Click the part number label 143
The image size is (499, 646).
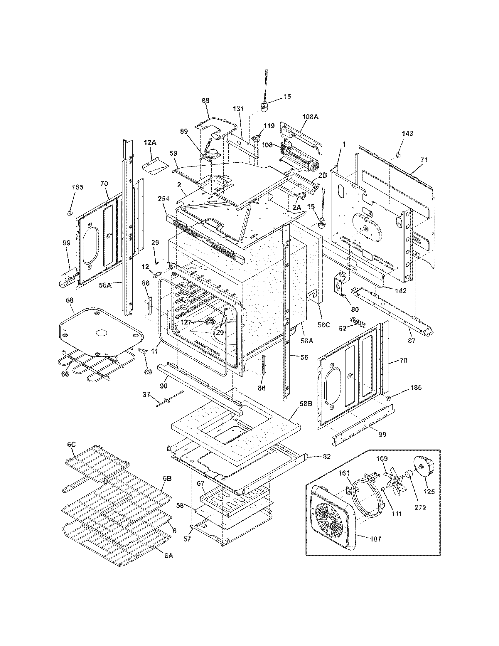coord(407,134)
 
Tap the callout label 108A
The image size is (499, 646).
coord(310,117)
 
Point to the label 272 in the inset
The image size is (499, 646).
coord(420,508)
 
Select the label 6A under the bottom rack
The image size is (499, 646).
coord(168,556)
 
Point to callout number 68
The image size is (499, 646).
coord(70,300)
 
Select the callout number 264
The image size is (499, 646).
coord(163,199)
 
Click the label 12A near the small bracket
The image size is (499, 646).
coord(150,143)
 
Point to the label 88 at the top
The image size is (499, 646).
coord(205,100)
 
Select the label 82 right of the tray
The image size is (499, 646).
coord(326,457)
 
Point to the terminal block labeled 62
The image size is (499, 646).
coord(358,321)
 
